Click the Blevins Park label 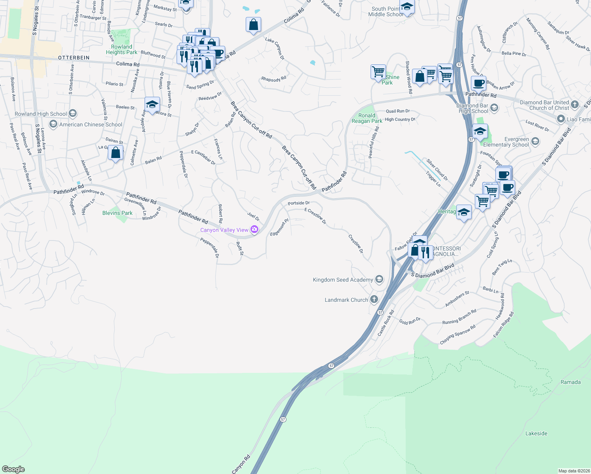click(117, 213)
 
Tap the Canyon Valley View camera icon click(254, 229)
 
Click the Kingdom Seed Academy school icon click(379, 280)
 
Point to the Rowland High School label click(41, 114)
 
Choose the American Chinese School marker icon click(53, 124)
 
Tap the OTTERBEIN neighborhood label click(74, 58)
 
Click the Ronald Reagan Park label click(367, 118)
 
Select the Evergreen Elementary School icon click(535, 141)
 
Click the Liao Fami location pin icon click(561, 119)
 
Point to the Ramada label click(570, 382)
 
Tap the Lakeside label click(536, 433)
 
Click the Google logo click(13, 469)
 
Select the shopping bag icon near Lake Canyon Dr click(253, 24)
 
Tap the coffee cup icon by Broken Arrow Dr click(478, 83)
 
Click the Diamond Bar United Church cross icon click(575, 105)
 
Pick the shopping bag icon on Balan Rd click(116, 152)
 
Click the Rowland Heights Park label click(122, 49)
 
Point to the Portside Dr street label click(299, 203)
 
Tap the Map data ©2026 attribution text click(574, 470)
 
